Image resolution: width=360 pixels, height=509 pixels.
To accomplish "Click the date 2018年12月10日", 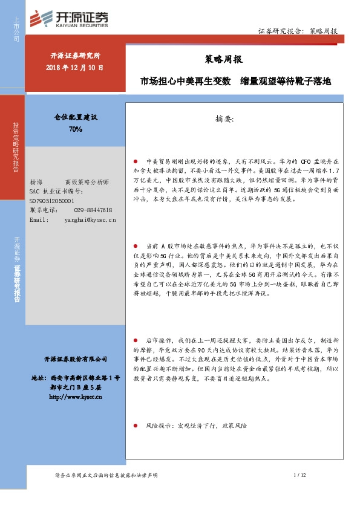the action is tap(74, 67).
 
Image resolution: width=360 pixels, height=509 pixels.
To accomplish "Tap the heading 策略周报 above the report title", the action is tap(216, 59).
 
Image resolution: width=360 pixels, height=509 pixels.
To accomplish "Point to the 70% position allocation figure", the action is tap(76, 129).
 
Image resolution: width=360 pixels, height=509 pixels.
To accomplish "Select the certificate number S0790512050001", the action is tap(52, 200).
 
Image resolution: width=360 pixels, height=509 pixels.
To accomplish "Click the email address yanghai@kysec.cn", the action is tap(90, 219).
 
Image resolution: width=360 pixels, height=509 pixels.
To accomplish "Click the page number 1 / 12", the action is tap(300, 476).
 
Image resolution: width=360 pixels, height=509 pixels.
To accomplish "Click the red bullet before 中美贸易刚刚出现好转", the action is tap(136, 163).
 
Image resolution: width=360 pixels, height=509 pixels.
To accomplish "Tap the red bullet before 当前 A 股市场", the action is tap(136, 247).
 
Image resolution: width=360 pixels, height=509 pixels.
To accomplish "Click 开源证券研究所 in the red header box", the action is tap(74, 56).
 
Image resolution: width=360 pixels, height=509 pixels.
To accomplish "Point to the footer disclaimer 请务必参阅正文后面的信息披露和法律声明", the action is tap(106, 476).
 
